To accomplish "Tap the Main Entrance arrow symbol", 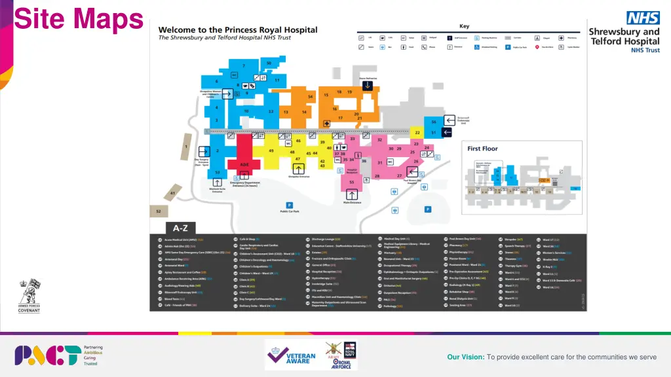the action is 352,194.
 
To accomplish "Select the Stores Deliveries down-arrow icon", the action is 368,85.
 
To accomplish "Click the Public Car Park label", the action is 290,211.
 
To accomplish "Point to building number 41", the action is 172,193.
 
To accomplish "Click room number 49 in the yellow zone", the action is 271,151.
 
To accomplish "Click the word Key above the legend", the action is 464,26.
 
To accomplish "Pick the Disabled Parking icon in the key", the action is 476,47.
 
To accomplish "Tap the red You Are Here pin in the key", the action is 537,47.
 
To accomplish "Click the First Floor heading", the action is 482,149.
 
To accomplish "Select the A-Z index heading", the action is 180,228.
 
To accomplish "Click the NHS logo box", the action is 642,18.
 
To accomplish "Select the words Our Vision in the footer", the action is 465,357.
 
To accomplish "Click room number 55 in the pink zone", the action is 352,182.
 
